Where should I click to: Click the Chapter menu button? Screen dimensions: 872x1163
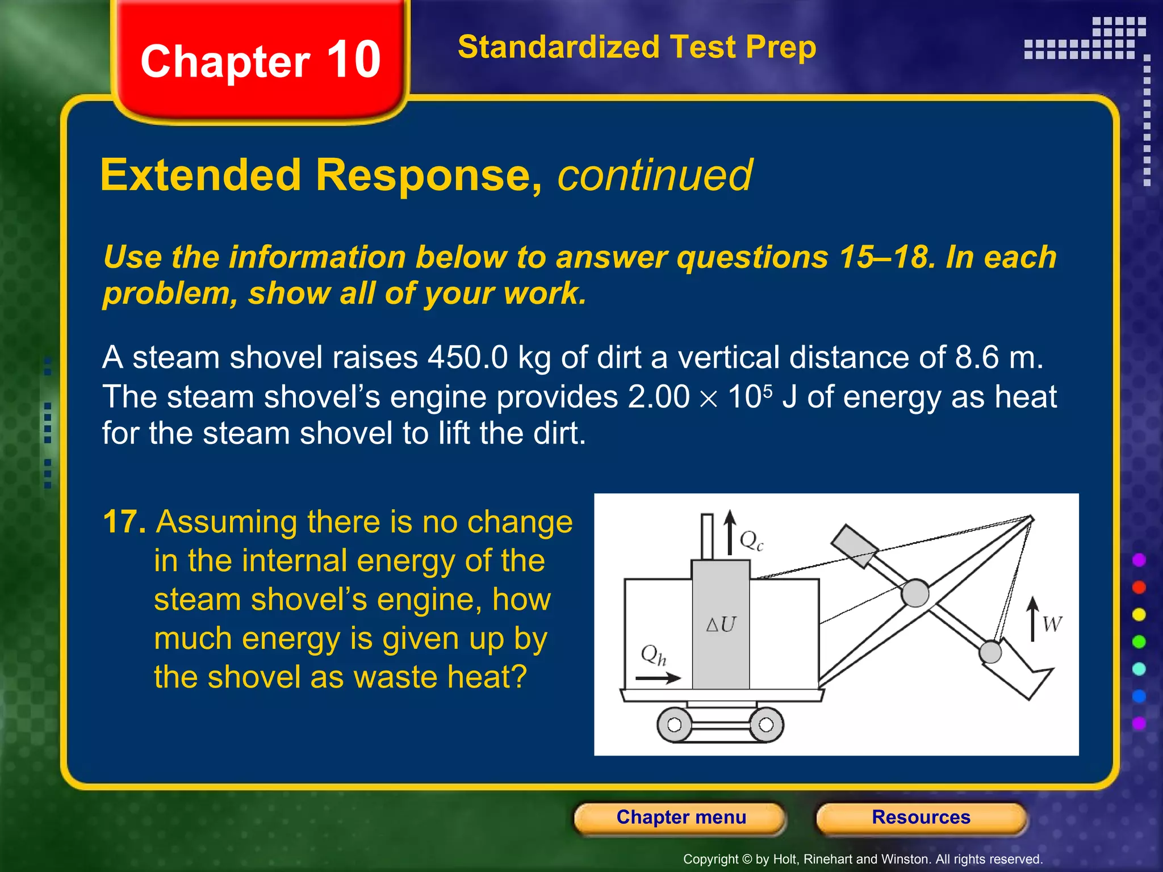[x=680, y=817]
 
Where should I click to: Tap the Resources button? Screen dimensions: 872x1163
[x=921, y=817]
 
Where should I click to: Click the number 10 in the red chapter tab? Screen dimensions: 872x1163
[x=353, y=60]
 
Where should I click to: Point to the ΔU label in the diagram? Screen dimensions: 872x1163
[x=721, y=624]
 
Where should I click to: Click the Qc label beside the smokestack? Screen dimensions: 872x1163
[x=751, y=540]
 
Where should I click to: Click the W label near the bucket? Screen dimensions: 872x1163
[x=1052, y=624]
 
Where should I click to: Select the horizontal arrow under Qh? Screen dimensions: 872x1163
[x=658, y=678]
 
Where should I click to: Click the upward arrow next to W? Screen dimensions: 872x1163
[x=1033, y=619]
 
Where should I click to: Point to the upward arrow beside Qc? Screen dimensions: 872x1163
[x=730, y=532]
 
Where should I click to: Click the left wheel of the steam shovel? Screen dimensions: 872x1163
[x=674, y=725]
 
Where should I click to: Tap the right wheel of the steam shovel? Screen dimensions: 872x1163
[x=766, y=725]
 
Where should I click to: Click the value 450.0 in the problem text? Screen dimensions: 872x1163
[x=467, y=358]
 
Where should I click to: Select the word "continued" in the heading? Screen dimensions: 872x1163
[x=655, y=175]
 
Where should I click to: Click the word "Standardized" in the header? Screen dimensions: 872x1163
[x=558, y=47]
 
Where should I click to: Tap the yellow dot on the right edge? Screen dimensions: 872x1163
[x=1139, y=615]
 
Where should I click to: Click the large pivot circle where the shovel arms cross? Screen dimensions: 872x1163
[x=915, y=593]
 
